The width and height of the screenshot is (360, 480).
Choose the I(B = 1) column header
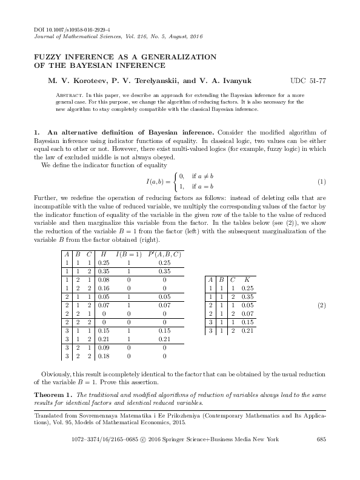tap(128, 254)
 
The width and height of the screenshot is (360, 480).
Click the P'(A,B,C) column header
tap(164, 254)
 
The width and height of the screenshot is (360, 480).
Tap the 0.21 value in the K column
tap(247, 332)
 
